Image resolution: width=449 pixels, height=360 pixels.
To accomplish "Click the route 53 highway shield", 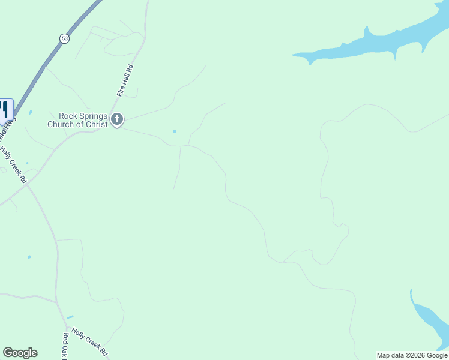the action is point(64,38).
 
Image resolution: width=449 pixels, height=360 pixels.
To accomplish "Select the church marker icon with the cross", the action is point(117,120).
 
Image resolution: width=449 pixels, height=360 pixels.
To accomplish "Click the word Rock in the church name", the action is point(66,116).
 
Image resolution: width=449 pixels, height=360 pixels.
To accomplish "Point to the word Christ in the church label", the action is point(96,124).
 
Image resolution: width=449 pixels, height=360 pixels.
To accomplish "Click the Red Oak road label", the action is point(65,347).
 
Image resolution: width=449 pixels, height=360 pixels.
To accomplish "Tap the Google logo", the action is point(20,353).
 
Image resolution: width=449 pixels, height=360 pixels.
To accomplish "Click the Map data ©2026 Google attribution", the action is point(412,355).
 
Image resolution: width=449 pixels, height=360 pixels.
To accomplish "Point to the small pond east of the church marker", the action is point(175,131).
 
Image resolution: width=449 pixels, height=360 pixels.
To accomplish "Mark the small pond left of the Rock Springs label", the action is point(30,112).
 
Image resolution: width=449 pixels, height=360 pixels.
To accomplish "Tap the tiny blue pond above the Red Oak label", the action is point(70,317).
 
